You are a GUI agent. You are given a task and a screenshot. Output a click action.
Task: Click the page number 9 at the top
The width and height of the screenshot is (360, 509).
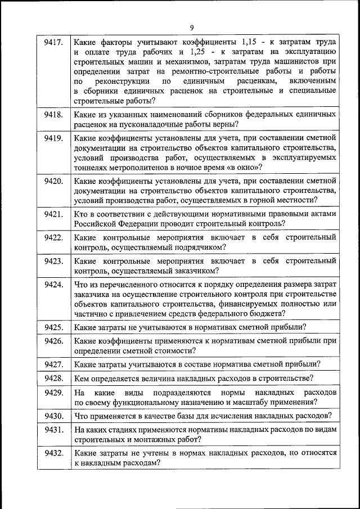(191, 28)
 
